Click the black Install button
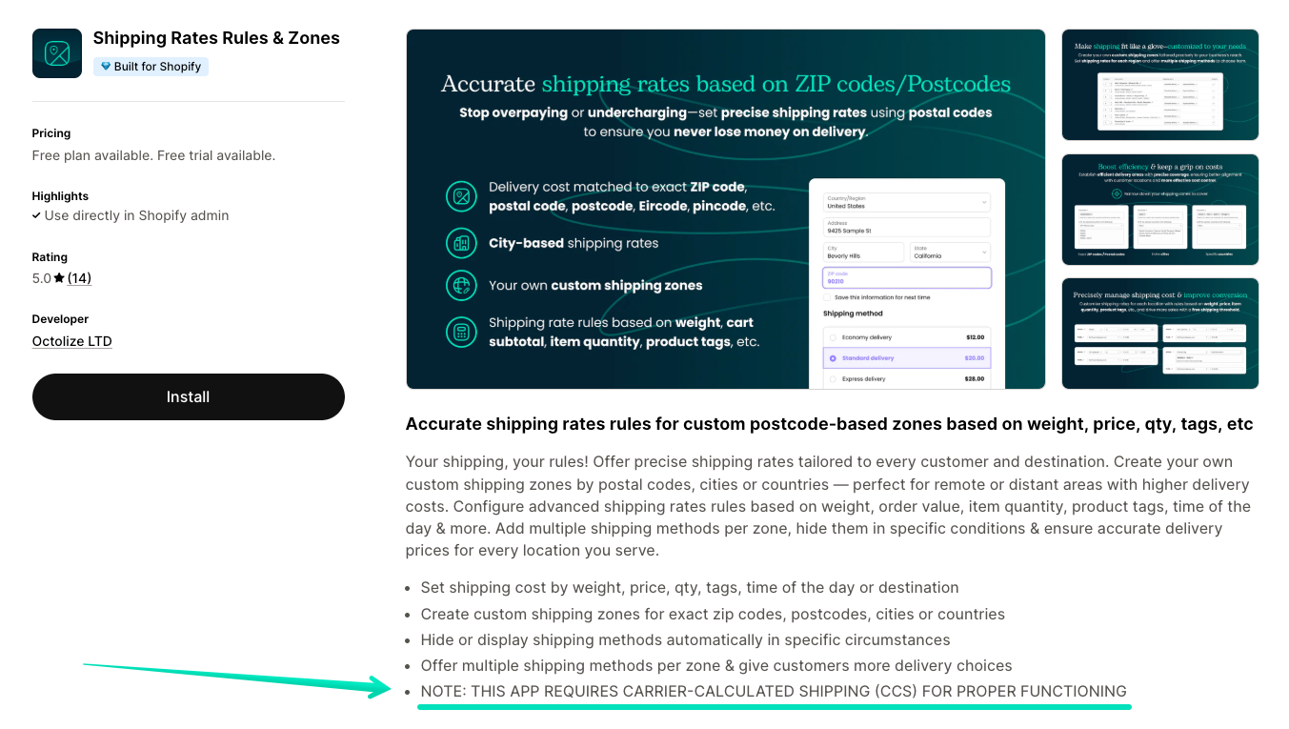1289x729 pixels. click(188, 396)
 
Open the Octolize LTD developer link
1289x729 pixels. click(71, 341)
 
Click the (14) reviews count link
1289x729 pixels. click(79, 278)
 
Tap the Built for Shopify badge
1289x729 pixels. click(151, 67)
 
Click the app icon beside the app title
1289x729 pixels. click(57, 53)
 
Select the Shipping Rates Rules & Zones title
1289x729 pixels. click(216, 38)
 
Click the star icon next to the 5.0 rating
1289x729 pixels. click(59, 278)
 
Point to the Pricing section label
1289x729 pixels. click(51, 133)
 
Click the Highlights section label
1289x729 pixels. click(60, 196)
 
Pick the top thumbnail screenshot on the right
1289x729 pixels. click(1159, 85)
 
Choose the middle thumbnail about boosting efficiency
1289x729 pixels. click(1159, 210)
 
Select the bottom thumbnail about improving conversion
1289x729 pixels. click(1159, 334)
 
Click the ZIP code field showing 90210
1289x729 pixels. click(906, 277)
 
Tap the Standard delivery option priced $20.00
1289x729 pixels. click(906, 358)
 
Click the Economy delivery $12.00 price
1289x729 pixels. click(975, 337)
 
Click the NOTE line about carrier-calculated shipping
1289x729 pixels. click(773, 691)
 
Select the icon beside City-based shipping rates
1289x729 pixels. click(462, 243)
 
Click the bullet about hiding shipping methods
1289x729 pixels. click(685, 639)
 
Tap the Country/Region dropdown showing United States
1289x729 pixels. click(906, 202)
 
